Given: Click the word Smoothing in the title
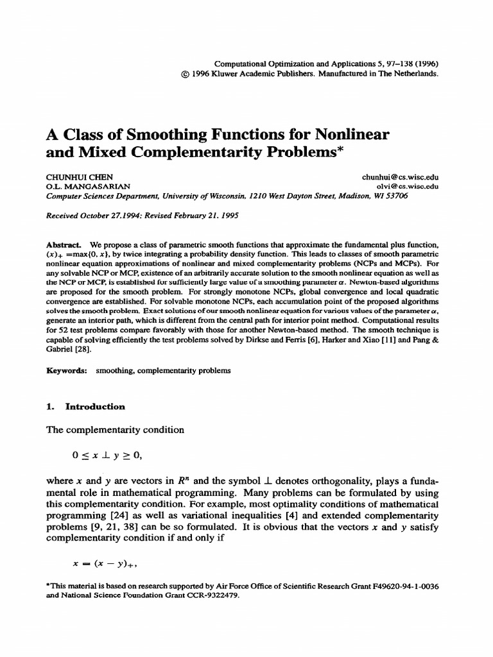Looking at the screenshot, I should (x=169, y=136).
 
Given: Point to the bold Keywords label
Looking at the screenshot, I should (x=67, y=371).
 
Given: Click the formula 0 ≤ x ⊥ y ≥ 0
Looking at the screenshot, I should (x=106, y=456).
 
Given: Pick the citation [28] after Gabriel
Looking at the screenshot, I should (x=86, y=350).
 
